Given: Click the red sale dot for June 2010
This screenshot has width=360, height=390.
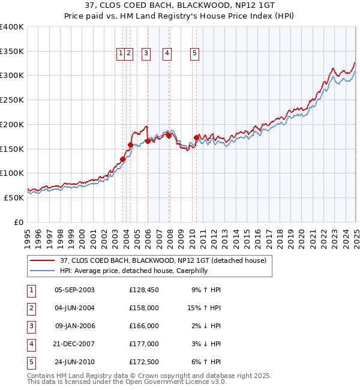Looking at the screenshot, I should [196, 138].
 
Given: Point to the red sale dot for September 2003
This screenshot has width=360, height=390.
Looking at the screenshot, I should [122, 159].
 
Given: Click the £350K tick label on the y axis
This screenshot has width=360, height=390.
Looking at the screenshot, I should [12, 52].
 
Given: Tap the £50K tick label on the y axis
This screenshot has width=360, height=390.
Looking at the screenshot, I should [14, 197].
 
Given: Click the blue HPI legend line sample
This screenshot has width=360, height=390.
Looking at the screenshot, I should [42, 271].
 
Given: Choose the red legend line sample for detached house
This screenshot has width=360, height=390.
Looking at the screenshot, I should [42, 260].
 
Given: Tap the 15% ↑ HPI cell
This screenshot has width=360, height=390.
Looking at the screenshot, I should [205, 308].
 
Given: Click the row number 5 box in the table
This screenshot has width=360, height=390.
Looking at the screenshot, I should [30, 362].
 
